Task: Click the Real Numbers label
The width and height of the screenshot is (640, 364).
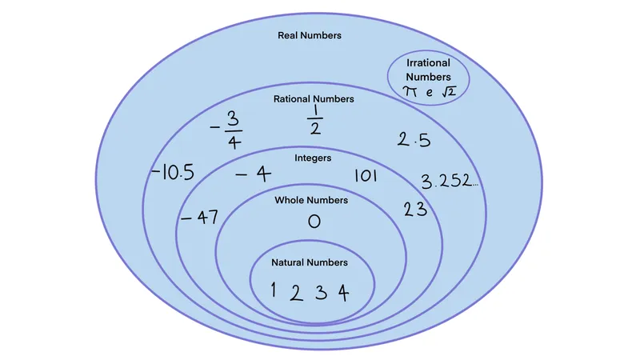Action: (310, 35)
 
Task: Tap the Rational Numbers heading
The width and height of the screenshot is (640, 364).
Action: (314, 99)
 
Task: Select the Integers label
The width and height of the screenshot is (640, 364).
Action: (313, 158)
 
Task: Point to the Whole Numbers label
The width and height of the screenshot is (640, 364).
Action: (311, 200)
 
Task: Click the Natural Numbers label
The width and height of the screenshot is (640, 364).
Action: (310, 262)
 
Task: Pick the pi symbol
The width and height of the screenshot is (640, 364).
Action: (410, 91)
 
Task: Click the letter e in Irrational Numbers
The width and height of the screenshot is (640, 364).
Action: (429, 93)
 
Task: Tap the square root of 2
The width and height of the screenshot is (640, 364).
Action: (449, 91)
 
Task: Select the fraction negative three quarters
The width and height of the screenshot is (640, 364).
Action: (226, 130)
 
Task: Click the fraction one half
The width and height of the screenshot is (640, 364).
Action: (315, 119)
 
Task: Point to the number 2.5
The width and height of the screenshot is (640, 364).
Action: (414, 140)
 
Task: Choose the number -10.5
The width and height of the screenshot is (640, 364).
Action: (173, 172)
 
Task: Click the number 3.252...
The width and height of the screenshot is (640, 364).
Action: (450, 181)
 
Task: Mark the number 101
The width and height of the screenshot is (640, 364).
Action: (366, 176)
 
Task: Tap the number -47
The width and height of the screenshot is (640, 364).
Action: (199, 218)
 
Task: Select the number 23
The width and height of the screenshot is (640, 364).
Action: (415, 210)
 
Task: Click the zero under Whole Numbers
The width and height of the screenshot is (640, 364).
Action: (314, 222)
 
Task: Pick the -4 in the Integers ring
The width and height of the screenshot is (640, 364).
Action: (253, 174)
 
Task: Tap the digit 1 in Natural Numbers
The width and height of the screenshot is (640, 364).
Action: (273, 290)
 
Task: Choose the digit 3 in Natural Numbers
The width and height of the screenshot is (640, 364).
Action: (322, 293)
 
